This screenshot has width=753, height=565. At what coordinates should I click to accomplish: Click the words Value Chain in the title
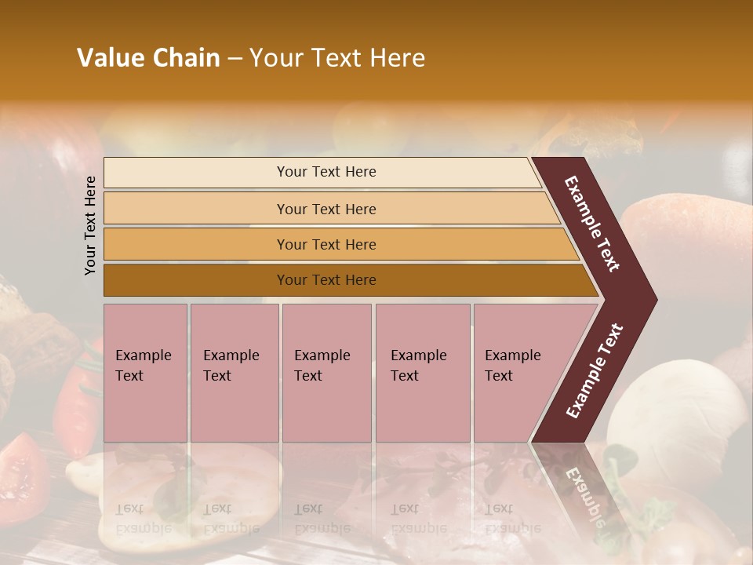(x=148, y=58)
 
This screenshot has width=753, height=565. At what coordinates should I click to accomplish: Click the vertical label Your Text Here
(x=90, y=225)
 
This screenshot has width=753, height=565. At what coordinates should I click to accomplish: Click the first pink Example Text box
(x=145, y=373)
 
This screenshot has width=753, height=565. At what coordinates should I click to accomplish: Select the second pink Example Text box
(x=234, y=373)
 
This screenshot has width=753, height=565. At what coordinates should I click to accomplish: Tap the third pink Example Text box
(x=326, y=373)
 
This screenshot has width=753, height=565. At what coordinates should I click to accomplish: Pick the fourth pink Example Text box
(x=422, y=373)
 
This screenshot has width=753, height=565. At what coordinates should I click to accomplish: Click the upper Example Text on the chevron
(x=592, y=224)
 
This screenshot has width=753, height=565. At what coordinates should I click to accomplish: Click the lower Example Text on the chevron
(x=595, y=370)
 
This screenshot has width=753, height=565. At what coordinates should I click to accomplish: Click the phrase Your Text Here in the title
(x=337, y=58)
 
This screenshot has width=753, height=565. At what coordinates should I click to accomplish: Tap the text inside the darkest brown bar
(x=326, y=280)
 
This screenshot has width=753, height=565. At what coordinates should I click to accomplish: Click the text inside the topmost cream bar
(x=326, y=172)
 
